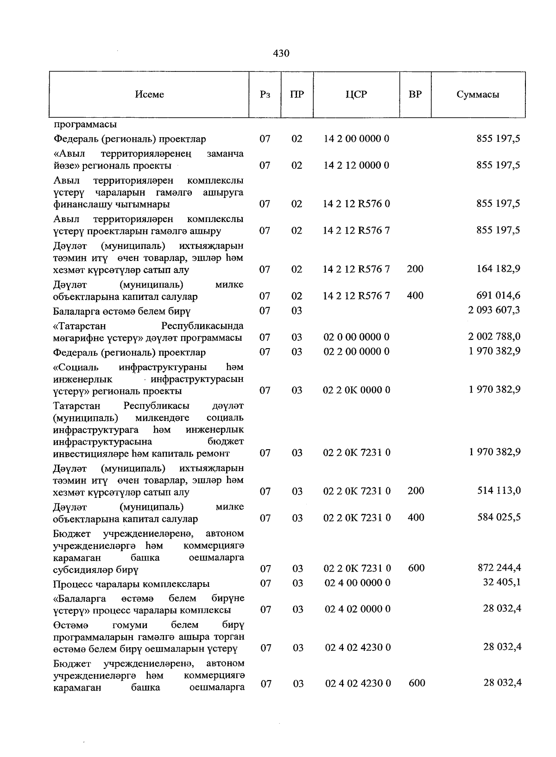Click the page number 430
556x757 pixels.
coord(281,53)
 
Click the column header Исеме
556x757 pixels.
coord(149,95)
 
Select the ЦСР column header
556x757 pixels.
coord(356,95)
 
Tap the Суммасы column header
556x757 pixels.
coord(478,95)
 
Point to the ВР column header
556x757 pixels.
coord(415,95)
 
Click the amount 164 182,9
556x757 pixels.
coord(498,269)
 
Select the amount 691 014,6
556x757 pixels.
coord(498,296)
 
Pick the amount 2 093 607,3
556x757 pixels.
coord(494,310)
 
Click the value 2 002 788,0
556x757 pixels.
coord(494,337)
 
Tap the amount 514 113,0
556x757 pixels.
coord(499,491)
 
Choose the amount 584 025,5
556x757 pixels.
coord(499,517)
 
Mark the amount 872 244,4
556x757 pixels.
coord(499,568)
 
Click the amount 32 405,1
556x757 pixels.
coord(502,582)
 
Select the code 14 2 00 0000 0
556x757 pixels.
coord(356,139)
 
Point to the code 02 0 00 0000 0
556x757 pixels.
coord(356,337)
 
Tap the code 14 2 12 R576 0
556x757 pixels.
coord(356,204)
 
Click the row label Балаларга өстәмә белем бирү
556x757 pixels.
coord(122,311)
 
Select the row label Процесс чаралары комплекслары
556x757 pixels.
coord(131,584)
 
